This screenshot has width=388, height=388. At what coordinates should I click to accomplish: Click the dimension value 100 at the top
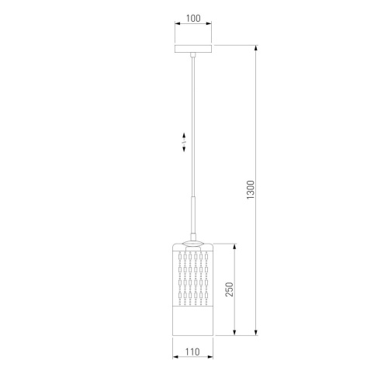[193, 19]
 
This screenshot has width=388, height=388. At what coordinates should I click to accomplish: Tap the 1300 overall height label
[251, 190]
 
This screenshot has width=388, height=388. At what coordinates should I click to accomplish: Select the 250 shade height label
[229, 289]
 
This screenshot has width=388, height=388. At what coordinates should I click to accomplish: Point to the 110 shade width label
[192, 352]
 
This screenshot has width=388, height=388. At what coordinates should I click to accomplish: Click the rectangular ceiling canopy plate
[193, 49]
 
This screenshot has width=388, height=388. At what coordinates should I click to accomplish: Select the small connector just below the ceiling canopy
[193, 55]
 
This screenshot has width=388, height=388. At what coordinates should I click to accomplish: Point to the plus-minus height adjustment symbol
[184, 142]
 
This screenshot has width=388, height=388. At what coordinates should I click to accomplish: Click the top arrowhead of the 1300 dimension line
[256, 48]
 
